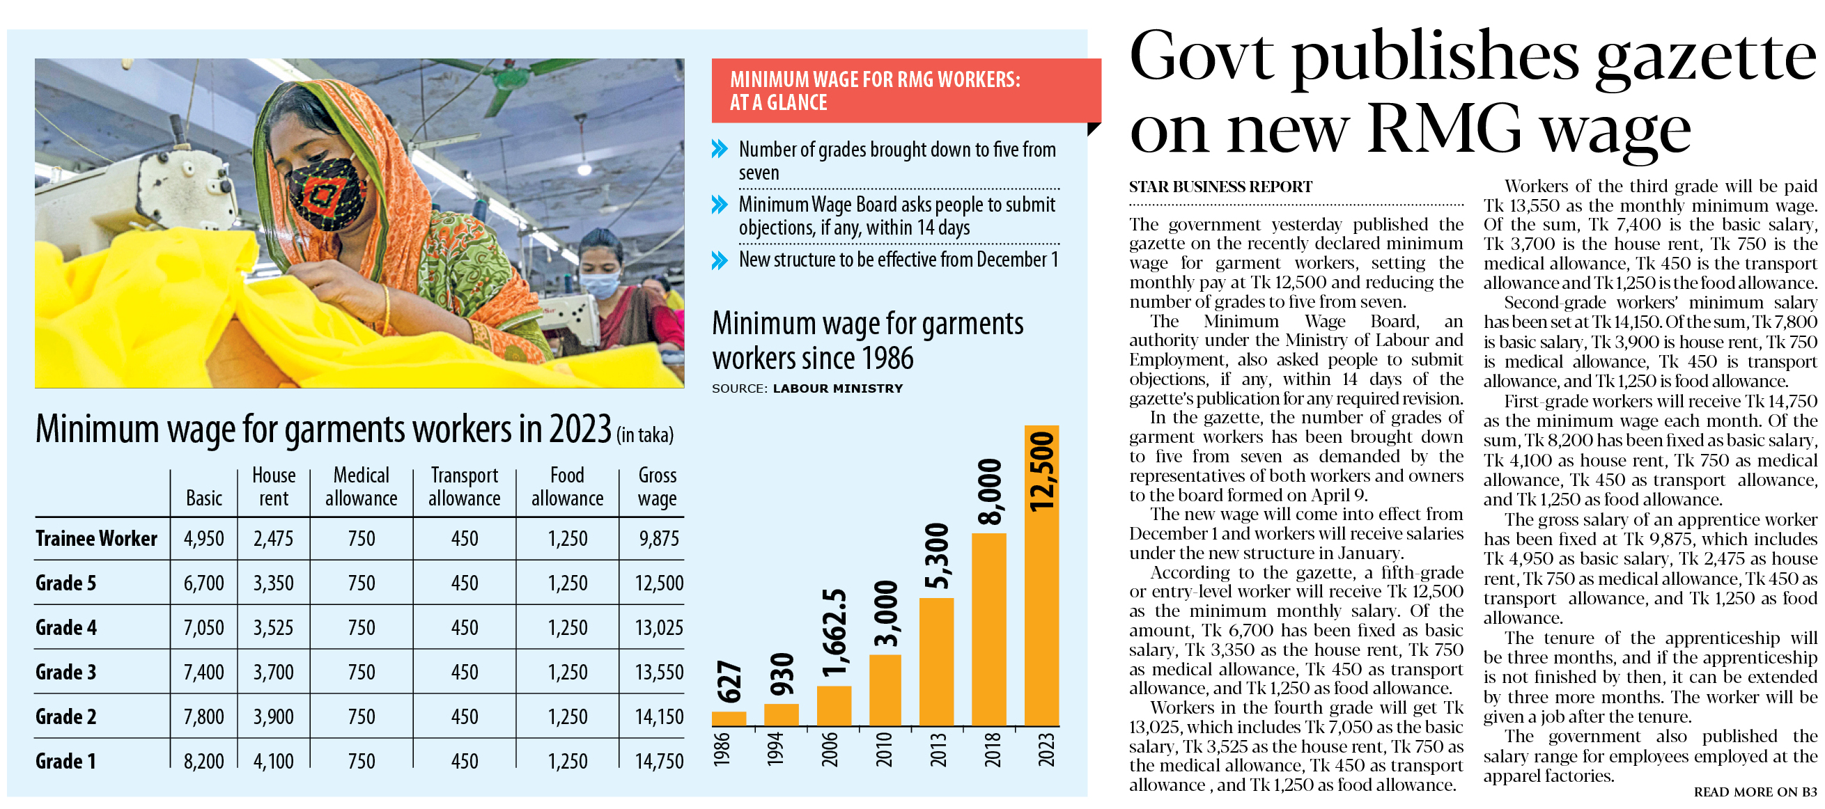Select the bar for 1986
pos(729,718)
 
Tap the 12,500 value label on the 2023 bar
pos(1041,471)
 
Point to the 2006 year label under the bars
pos(830,750)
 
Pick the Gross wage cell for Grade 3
pos(659,672)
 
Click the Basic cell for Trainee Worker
pos(203,538)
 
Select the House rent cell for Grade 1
pos(274,761)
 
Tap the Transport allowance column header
pos(464,487)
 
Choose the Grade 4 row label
pos(67,628)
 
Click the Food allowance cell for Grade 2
pos(568,716)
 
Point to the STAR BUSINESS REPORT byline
pos(1220,187)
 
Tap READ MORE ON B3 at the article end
pos(1755,792)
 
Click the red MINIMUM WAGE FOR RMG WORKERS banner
pos(905,91)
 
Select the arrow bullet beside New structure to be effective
pos(719,260)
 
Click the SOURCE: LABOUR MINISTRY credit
pos(807,388)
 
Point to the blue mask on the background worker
pos(600,285)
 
